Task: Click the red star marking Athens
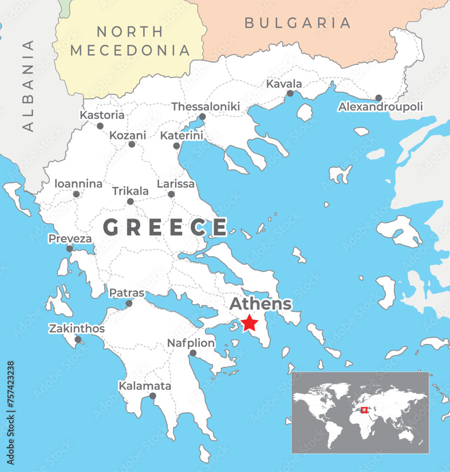point(249,323)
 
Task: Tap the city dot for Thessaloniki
point(202,117)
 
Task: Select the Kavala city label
point(284,84)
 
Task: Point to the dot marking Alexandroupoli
point(378,98)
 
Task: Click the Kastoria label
point(102,115)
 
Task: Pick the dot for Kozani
point(132,144)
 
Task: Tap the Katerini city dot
point(176,146)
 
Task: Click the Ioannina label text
point(78,184)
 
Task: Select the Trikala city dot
point(130,202)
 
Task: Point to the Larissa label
point(175,184)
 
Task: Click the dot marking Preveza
point(69,248)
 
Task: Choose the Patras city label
point(126,293)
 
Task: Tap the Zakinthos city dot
point(78,339)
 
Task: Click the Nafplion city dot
point(193,353)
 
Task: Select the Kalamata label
point(144,386)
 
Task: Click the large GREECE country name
point(165,228)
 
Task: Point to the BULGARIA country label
point(298,23)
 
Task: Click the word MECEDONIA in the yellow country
point(130,50)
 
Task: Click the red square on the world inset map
point(364,410)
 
